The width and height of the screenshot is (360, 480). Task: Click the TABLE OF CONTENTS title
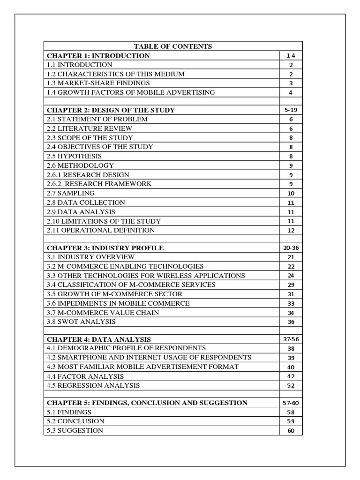pyautogui.click(x=173, y=46)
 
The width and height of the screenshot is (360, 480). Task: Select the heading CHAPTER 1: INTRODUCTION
pyautogui.click(x=98, y=56)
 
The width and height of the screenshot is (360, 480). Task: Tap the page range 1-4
pyautogui.click(x=291, y=56)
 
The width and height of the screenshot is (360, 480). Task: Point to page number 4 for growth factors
pyautogui.click(x=291, y=92)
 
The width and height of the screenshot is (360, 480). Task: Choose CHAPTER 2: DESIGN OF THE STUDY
pyautogui.click(x=111, y=110)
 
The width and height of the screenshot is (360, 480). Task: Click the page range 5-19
pyautogui.click(x=291, y=110)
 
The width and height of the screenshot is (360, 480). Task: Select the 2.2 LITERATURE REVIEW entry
pyautogui.click(x=90, y=128)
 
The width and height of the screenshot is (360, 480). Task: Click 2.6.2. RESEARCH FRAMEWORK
pyautogui.click(x=99, y=184)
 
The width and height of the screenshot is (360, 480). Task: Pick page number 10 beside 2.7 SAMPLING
pyautogui.click(x=291, y=193)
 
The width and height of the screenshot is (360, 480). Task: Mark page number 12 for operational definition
pyautogui.click(x=291, y=230)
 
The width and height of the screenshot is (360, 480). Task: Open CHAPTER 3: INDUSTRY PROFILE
pyautogui.click(x=105, y=247)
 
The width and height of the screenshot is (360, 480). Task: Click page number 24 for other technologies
pyautogui.click(x=291, y=276)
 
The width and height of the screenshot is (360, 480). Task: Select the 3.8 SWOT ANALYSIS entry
pyautogui.click(x=81, y=322)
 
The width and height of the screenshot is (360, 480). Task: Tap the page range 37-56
pyautogui.click(x=291, y=339)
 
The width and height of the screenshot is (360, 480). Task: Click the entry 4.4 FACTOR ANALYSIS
pyautogui.click(x=85, y=376)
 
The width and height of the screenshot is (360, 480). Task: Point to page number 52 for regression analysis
pyautogui.click(x=291, y=385)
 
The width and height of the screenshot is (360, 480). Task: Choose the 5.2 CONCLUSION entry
pyautogui.click(x=75, y=421)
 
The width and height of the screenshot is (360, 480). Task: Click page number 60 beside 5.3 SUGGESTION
pyautogui.click(x=291, y=431)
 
